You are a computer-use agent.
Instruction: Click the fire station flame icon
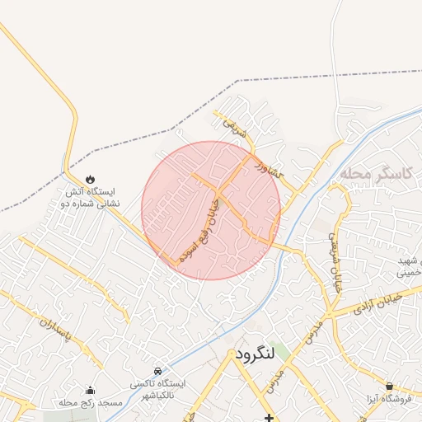(90, 179)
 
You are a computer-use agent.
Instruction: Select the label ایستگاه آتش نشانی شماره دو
(91, 197)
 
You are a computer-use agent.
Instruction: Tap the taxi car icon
(157, 371)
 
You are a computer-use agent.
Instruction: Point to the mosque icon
(90, 390)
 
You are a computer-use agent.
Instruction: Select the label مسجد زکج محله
(90, 403)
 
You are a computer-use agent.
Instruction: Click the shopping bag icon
(389, 386)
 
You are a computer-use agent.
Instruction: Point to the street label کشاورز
(269, 170)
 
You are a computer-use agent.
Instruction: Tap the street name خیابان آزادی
(377, 302)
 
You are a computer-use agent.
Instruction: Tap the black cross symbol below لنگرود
(269, 418)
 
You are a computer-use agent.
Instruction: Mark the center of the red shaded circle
(211, 210)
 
